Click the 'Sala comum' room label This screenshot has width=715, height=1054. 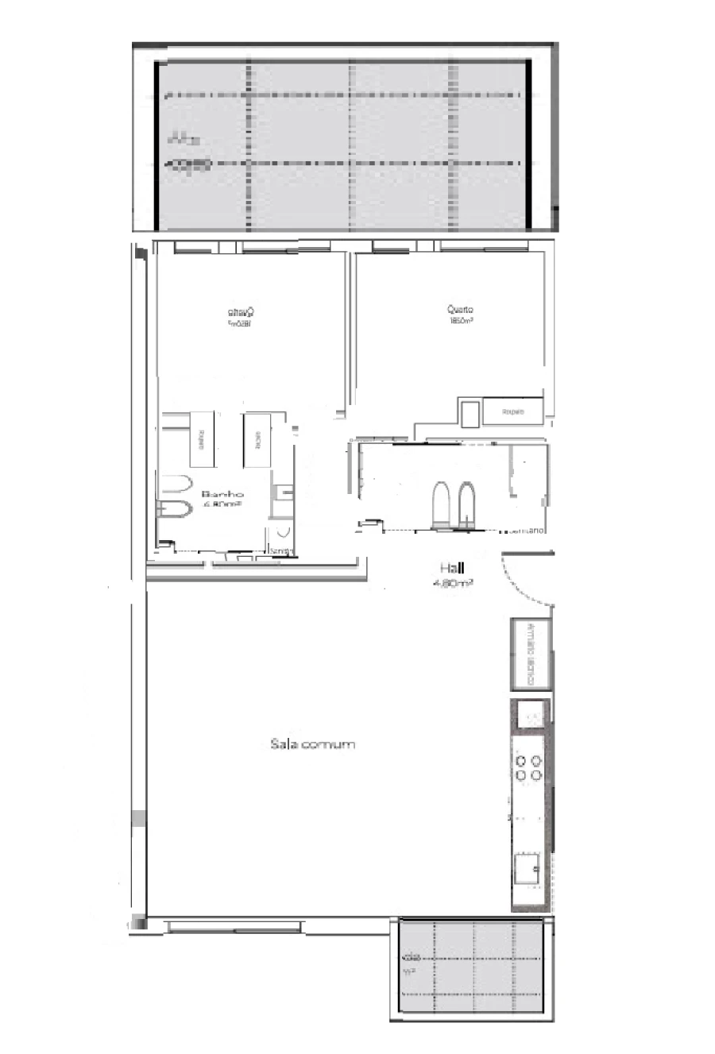click(312, 744)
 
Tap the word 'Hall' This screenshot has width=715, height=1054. click(453, 568)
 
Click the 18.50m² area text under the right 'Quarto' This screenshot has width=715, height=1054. click(461, 322)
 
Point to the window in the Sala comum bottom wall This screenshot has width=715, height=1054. click(234, 925)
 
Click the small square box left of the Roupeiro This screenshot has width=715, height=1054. click(470, 413)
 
